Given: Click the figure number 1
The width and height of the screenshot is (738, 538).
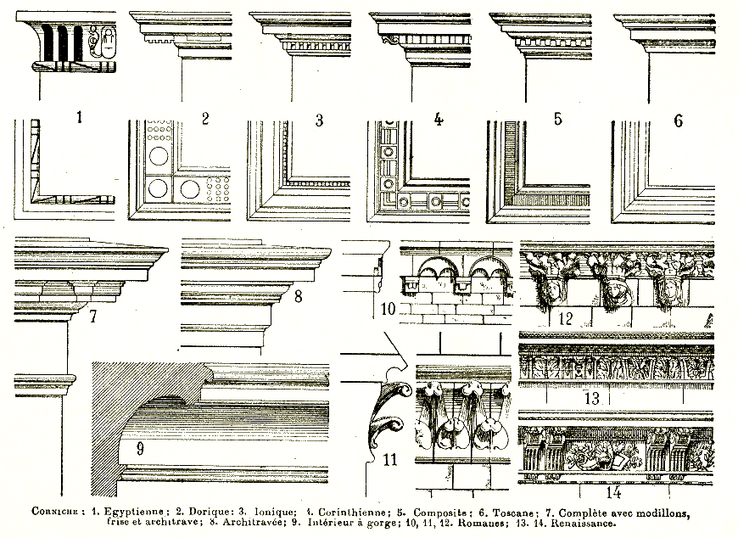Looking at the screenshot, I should click(x=79, y=117).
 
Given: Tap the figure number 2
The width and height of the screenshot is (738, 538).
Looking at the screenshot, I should click(x=205, y=117).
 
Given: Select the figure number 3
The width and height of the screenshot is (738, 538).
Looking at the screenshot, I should click(x=319, y=120).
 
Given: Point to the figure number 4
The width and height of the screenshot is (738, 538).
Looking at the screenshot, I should click(x=439, y=118).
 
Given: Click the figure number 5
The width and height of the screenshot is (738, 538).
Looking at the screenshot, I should click(x=557, y=118).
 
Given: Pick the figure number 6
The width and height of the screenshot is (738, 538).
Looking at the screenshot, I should click(x=678, y=120).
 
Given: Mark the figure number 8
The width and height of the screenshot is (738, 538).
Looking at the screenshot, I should click(x=298, y=297).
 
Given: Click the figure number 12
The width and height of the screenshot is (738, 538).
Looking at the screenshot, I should click(x=566, y=319).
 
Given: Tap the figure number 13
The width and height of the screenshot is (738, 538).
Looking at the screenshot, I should click(x=591, y=398).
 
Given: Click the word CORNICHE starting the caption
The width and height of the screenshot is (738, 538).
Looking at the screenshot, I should click(x=55, y=513).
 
